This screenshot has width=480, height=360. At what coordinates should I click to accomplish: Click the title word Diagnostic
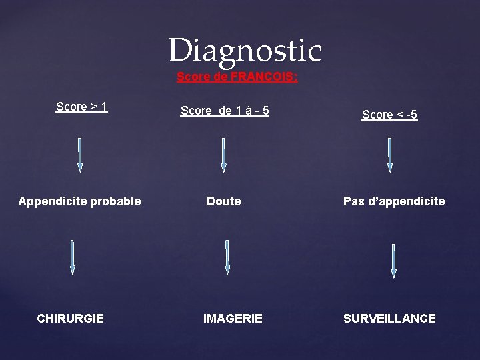[x=245, y=51]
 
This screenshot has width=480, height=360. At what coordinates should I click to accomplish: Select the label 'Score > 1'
[x=82, y=107]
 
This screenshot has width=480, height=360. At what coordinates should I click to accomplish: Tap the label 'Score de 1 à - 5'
[x=225, y=111]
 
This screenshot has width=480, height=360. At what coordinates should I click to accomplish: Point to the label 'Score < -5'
[x=389, y=115]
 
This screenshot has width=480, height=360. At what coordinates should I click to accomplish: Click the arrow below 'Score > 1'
[x=80, y=155]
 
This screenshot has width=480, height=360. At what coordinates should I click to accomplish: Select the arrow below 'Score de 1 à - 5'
[x=223, y=155]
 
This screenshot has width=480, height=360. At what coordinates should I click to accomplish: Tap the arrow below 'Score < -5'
[x=390, y=155]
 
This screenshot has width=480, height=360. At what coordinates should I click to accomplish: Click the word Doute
[x=224, y=201]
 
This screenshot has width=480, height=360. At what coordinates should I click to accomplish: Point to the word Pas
[x=353, y=201]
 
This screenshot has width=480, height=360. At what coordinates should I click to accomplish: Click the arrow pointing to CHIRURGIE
[x=73, y=257]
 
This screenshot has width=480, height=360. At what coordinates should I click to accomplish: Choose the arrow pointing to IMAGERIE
[x=227, y=257]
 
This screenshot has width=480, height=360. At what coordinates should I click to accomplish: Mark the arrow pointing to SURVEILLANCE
[x=393, y=260]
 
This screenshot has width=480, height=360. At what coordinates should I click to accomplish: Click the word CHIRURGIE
[x=71, y=319]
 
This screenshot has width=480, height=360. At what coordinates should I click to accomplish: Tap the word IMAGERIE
[x=233, y=319]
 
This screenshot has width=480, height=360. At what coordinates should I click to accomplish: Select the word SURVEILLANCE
[x=389, y=319]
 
